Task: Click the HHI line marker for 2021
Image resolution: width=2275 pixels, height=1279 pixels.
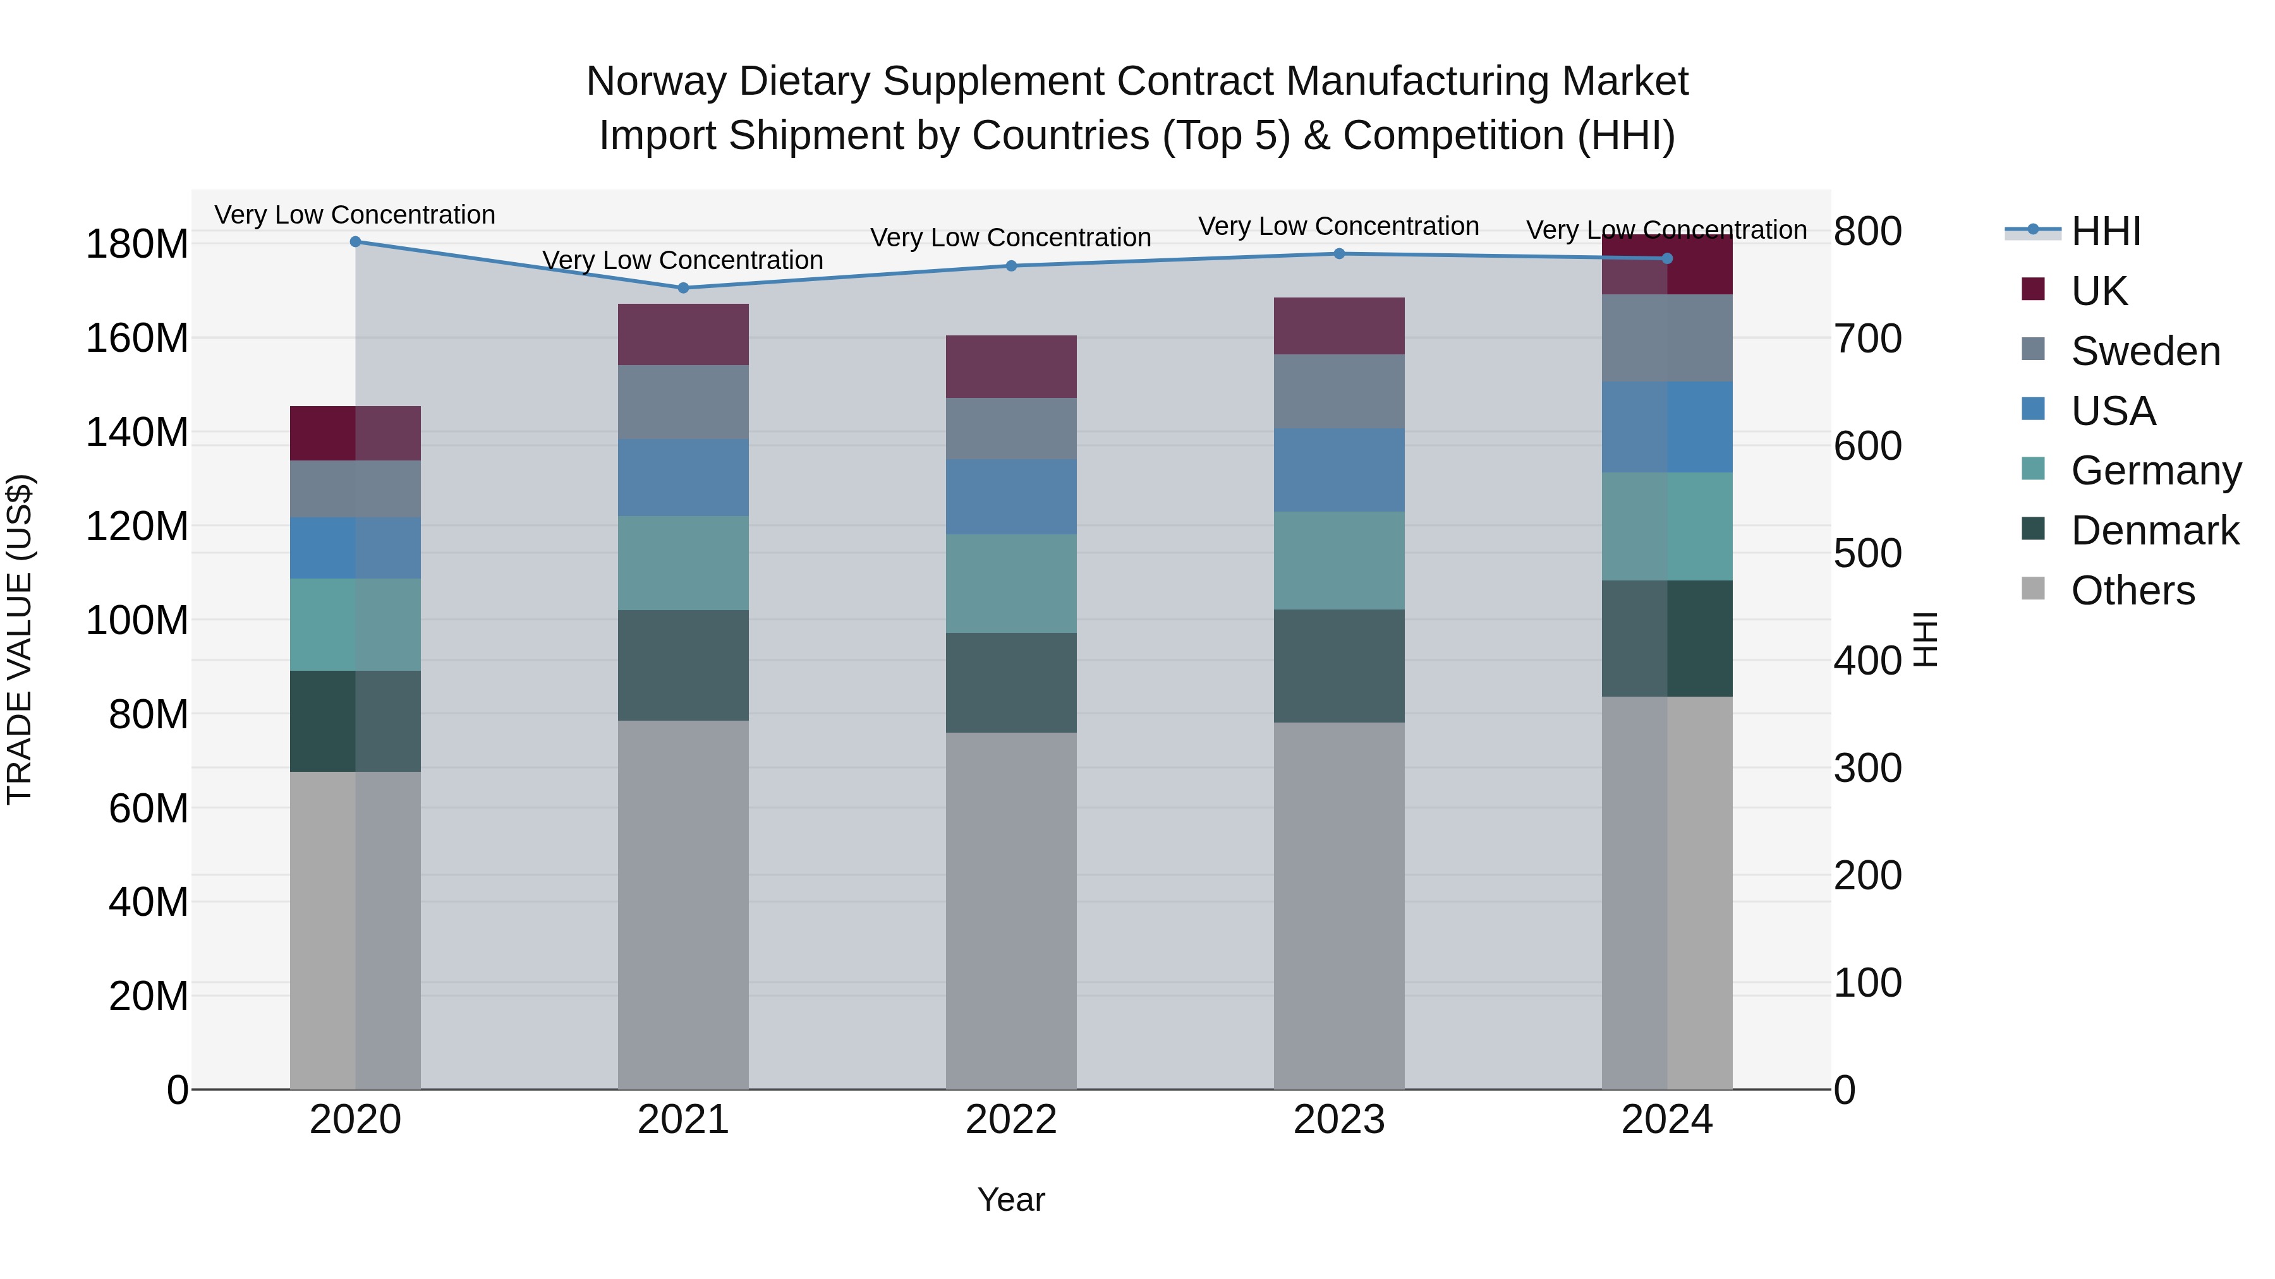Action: point(682,288)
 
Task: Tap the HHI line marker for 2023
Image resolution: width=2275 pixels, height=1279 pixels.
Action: point(1339,254)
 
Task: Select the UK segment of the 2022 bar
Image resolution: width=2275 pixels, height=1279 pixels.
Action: point(1011,366)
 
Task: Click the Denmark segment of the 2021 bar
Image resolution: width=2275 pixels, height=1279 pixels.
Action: point(682,666)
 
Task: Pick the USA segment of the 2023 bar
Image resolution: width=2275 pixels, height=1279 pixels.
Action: point(1339,471)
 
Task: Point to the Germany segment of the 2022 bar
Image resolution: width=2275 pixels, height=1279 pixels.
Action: point(1011,584)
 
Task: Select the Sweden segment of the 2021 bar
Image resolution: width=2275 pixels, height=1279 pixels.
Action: point(682,402)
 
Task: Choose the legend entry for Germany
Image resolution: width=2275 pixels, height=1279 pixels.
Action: point(2155,471)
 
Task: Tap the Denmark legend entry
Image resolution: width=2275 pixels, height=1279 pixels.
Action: point(2154,531)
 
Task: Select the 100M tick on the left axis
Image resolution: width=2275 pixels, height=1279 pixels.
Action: point(137,620)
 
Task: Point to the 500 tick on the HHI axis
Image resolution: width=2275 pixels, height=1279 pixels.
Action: point(1867,553)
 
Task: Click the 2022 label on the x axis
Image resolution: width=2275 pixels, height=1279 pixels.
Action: point(1011,1120)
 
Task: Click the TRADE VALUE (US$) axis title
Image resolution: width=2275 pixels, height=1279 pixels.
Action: point(20,639)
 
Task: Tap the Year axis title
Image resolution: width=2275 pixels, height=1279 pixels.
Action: point(1011,1199)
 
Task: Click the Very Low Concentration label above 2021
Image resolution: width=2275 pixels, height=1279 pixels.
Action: point(682,260)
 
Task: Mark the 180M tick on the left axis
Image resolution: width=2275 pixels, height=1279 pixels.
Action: point(137,244)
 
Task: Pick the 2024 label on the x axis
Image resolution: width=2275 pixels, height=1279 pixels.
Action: point(1666,1120)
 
